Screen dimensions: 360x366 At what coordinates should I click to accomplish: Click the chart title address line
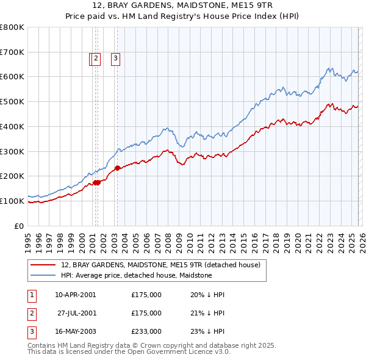point(182,6)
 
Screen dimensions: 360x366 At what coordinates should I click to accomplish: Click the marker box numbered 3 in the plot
point(115,59)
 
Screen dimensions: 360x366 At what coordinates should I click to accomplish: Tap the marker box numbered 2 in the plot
point(96,59)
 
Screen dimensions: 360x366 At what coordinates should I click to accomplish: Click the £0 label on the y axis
point(20,226)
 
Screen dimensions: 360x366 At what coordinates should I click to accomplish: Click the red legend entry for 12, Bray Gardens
point(160,265)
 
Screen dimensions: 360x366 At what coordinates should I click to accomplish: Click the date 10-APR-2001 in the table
point(75,295)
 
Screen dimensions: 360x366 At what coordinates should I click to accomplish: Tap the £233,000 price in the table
point(146,331)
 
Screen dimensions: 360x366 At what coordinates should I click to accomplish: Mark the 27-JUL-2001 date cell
point(76,313)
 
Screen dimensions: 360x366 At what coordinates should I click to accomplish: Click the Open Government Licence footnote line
point(129,352)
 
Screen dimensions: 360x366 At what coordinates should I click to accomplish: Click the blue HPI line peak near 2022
point(329,68)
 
